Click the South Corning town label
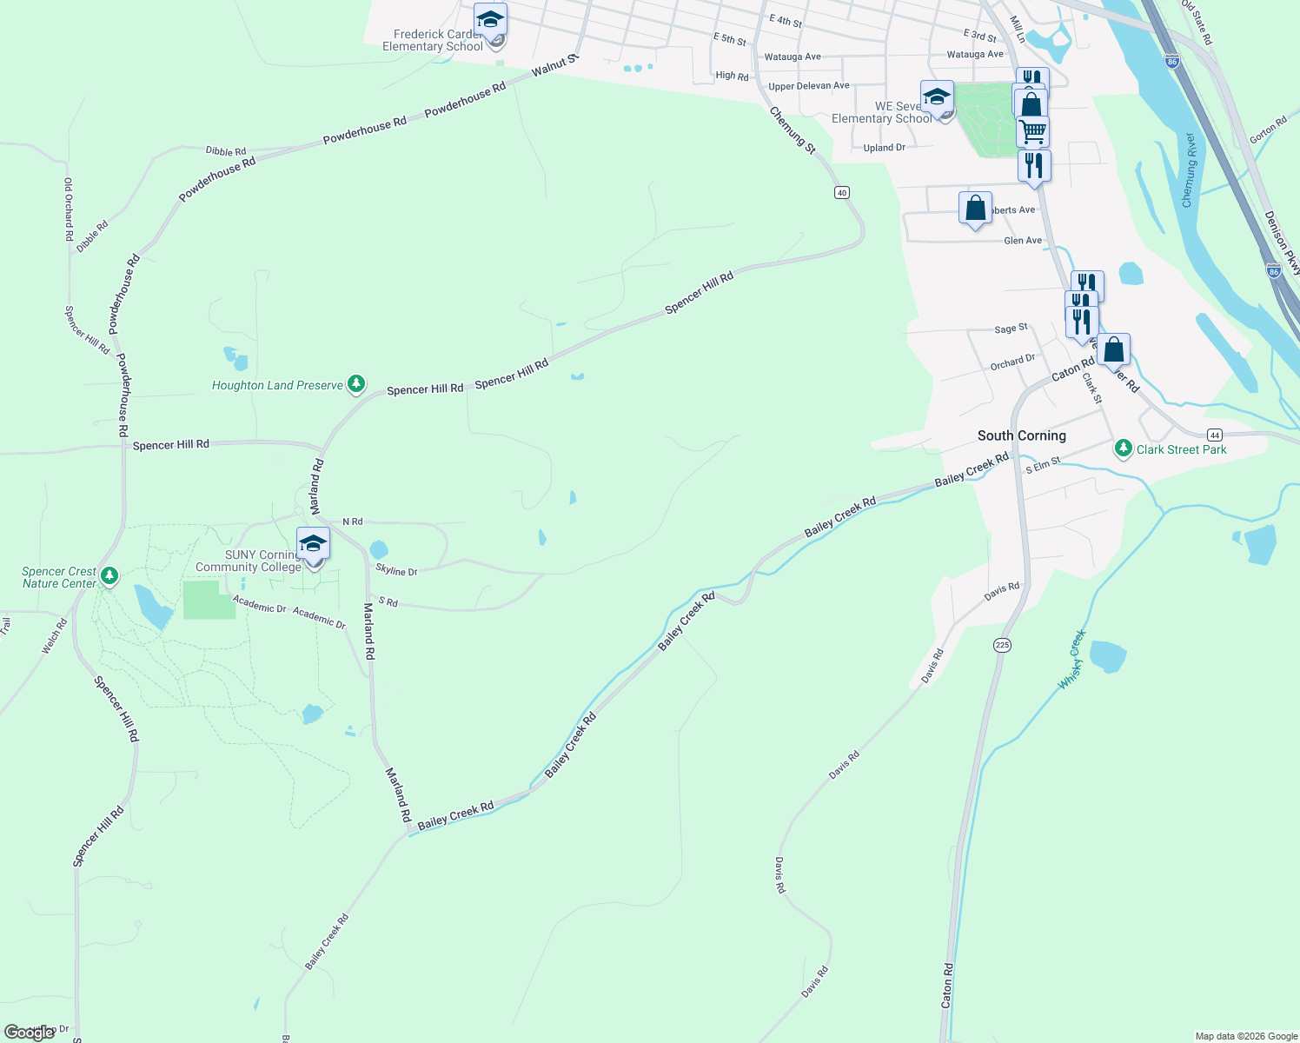1021,435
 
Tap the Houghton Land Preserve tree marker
355,383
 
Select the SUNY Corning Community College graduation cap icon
313,545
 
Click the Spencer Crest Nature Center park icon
109,575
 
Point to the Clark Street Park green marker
1124,448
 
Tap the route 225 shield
1002,645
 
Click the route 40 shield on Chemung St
841,192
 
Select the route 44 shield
1215,435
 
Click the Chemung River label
1190,170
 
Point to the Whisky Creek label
1072,660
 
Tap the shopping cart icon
1032,132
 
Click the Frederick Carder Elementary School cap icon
490,19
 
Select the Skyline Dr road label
396,570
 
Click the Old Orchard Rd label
69,209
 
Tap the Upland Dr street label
885,148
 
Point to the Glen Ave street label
1023,241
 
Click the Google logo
29,1033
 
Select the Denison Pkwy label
1282,242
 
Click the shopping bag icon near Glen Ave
975,209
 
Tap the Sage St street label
1011,329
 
